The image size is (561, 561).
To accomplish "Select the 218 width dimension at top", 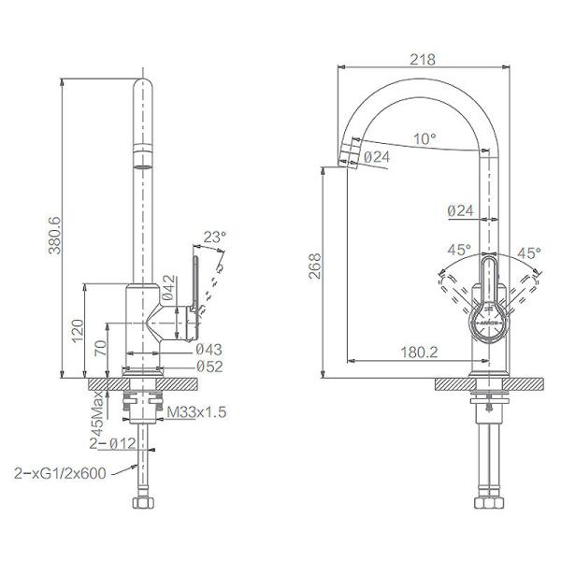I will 424,58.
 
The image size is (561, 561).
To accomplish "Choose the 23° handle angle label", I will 214,238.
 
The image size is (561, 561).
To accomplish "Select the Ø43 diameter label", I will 209,349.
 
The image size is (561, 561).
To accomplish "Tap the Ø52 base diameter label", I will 209,366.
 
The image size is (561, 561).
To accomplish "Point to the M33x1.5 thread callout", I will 197,411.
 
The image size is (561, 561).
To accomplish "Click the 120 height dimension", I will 77,328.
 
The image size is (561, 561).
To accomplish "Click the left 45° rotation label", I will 459,252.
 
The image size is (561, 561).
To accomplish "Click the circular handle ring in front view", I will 489,319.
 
